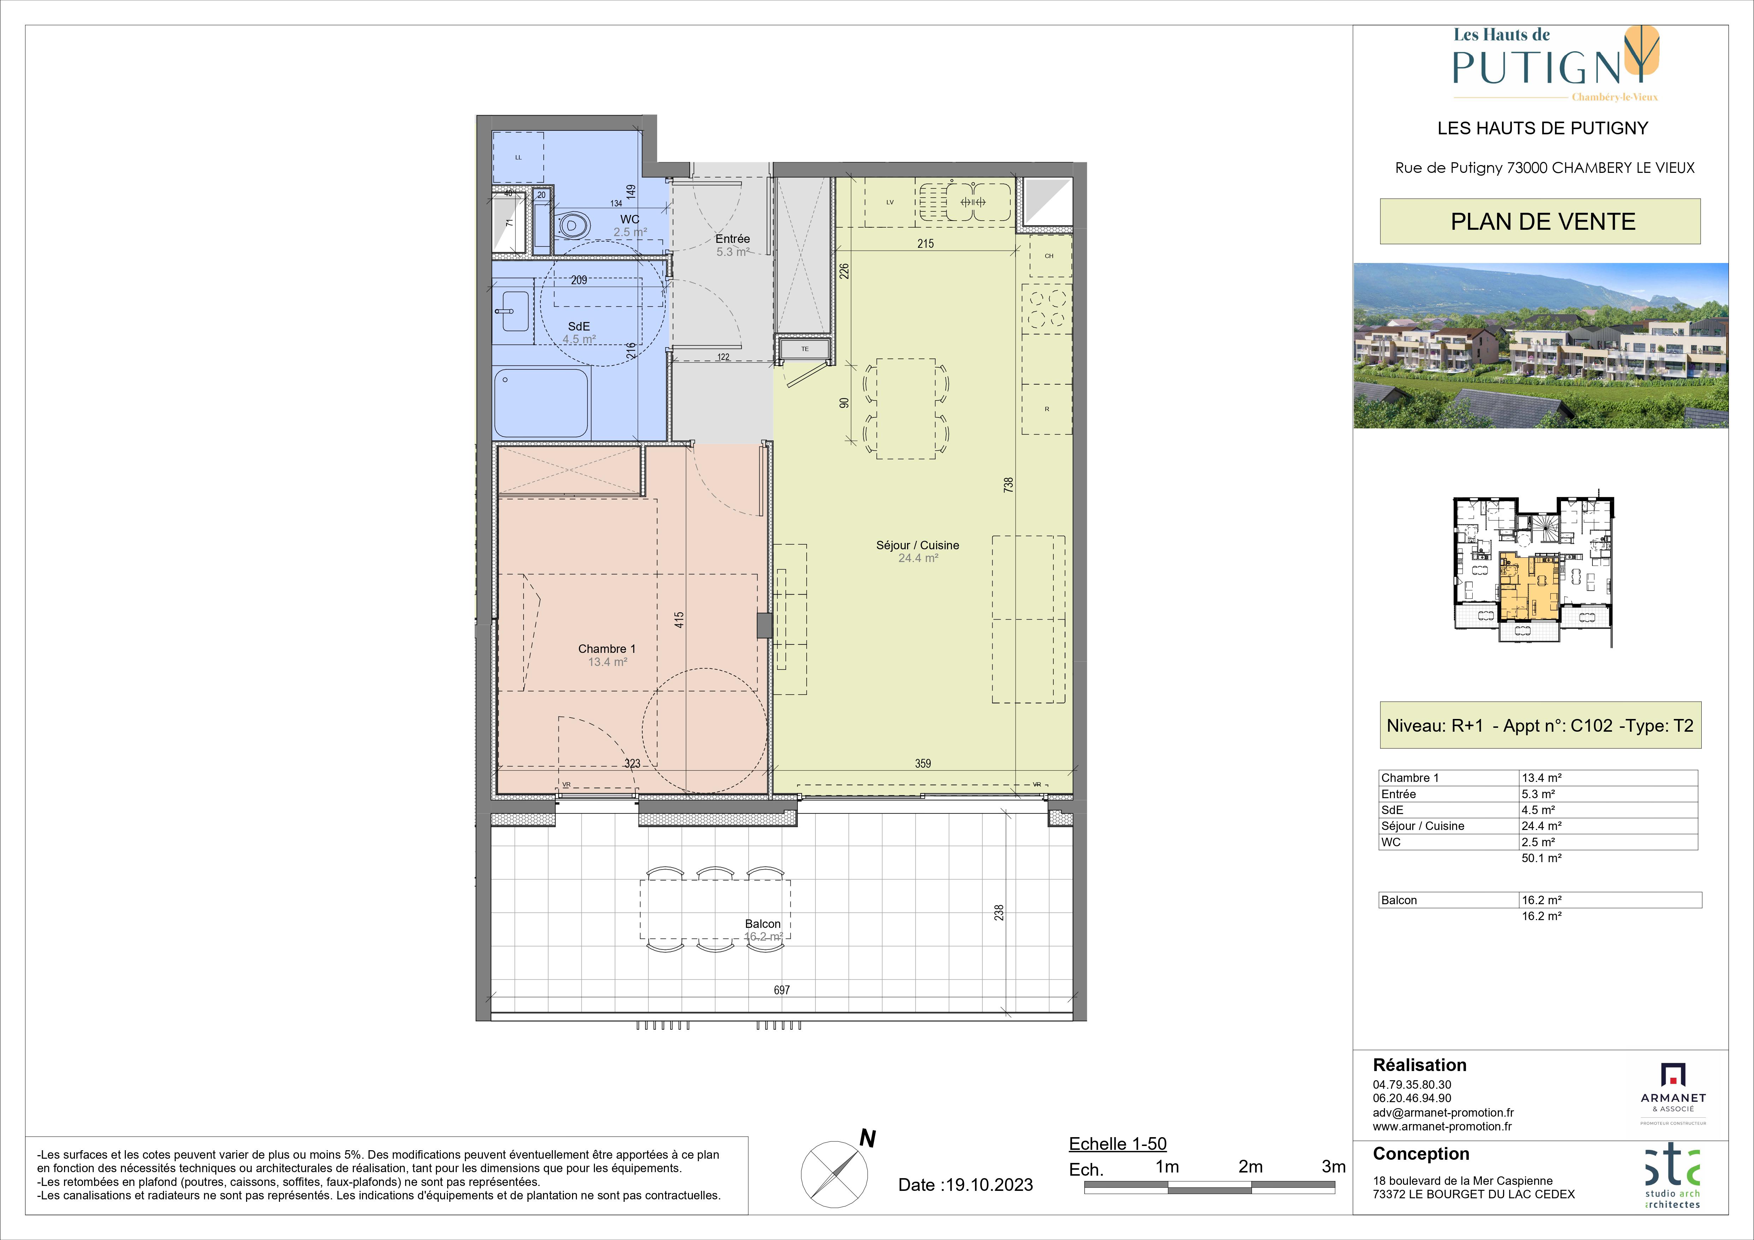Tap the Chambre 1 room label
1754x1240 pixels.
(x=607, y=649)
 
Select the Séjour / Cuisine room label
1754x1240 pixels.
(x=918, y=545)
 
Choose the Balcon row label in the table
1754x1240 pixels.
(x=1399, y=900)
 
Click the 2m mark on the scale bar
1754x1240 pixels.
(x=1251, y=1167)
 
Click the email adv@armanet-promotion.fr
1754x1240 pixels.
(x=1443, y=1112)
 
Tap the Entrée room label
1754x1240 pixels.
(x=733, y=238)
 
